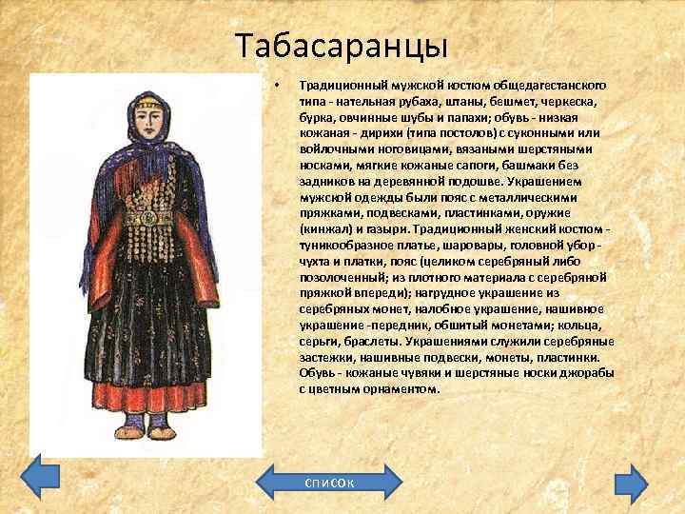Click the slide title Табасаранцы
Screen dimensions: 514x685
coord(341,45)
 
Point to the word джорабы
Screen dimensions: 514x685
coord(590,373)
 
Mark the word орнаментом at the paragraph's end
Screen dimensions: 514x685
coord(399,388)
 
